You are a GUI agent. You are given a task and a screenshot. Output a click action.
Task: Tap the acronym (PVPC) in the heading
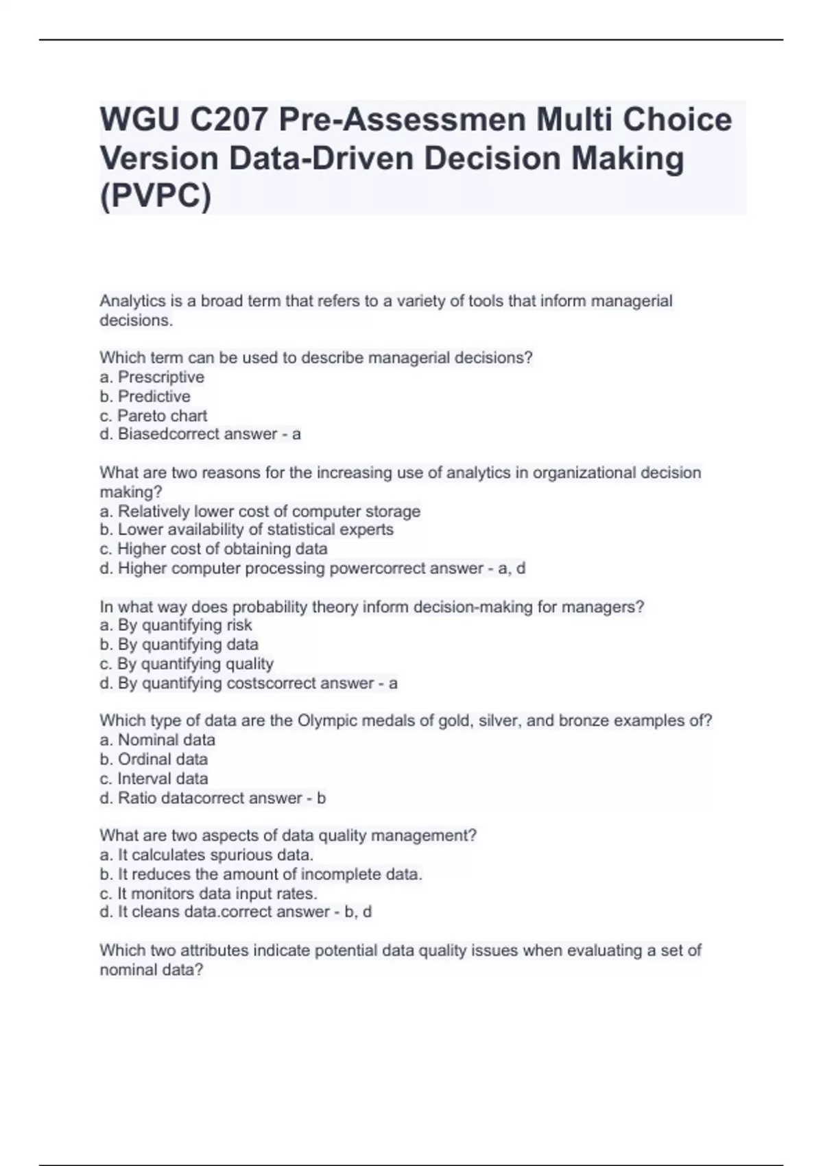(x=156, y=197)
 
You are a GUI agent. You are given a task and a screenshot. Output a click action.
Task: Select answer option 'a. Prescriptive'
(x=152, y=377)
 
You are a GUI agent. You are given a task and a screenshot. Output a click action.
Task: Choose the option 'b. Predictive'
(x=145, y=396)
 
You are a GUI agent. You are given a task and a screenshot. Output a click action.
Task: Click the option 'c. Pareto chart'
(x=153, y=416)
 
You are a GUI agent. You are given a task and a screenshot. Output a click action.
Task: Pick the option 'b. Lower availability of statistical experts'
(x=246, y=530)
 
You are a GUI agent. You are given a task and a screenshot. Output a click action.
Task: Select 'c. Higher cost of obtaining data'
(x=213, y=549)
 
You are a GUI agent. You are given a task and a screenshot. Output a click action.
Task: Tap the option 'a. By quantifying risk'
(x=176, y=625)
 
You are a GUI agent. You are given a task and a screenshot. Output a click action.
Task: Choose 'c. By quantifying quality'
(x=187, y=664)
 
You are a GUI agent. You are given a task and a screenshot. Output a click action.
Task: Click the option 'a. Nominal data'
(x=157, y=740)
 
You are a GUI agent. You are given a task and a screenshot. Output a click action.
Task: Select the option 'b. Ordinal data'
(x=154, y=759)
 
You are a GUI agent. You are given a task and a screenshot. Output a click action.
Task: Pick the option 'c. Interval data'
(x=154, y=778)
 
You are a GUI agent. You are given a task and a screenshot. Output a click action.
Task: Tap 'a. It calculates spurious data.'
(x=206, y=855)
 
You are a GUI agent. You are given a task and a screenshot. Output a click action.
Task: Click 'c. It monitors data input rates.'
(x=208, y=894)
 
